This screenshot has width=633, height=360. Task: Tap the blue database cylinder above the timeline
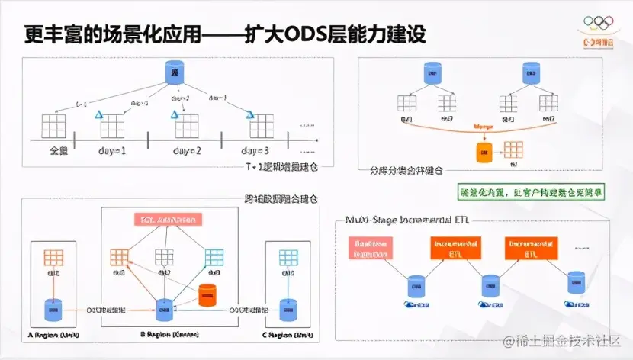175,73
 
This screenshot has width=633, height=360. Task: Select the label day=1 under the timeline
112,150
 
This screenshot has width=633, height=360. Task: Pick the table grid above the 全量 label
55,125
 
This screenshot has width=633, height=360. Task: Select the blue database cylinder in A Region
53,309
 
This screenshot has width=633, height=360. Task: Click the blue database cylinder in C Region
288,309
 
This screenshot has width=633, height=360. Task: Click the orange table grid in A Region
53,257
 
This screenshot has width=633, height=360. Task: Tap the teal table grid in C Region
289,257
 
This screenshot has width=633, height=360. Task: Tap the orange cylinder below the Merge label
482,152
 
